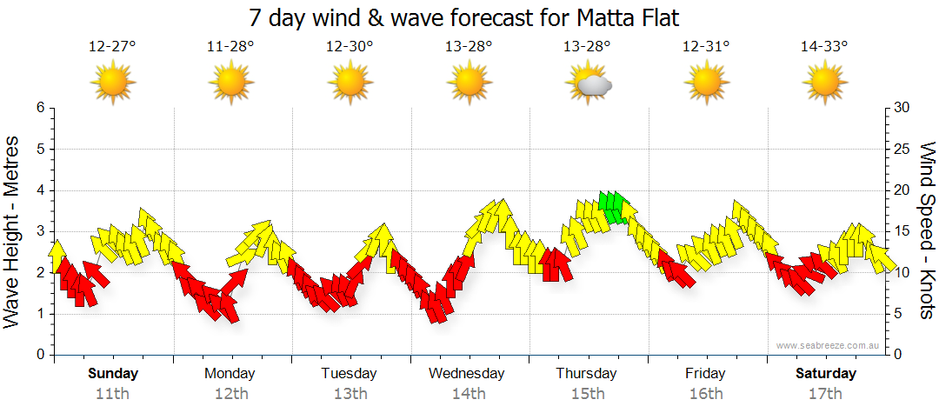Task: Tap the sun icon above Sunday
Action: coord(112,83)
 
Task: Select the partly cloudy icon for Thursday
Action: coord(588,83)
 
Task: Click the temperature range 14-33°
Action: coord(824,47)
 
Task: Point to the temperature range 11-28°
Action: coord(230,47)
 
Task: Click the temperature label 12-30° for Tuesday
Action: coord(350,47)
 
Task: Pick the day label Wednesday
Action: coord(467,374)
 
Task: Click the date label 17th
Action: coord(825,394)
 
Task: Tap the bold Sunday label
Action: coord(113,374)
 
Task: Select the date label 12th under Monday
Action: coord(231,394)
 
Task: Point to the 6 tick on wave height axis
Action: coord(39,108)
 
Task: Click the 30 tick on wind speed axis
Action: coord(902,108)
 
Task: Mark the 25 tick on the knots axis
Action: coord(902,149)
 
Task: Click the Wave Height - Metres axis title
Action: coord(12,230)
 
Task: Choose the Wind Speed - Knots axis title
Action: coord(927,230)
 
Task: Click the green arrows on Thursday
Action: coord(613,207)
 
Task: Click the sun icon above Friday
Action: coord(705,83)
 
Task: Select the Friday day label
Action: coord(705,374)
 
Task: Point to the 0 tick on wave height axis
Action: coord(39,355)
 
